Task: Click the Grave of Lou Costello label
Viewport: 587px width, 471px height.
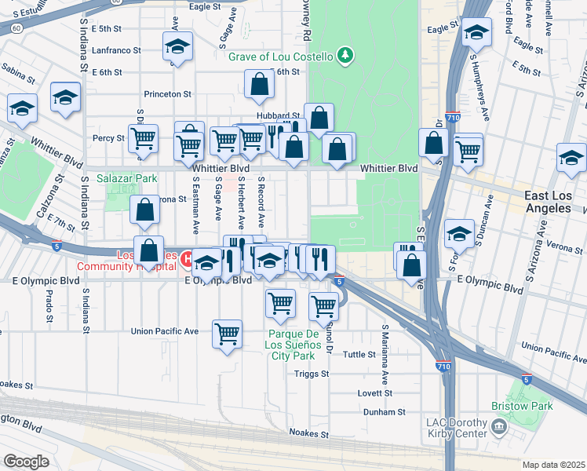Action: [x=280, y=56]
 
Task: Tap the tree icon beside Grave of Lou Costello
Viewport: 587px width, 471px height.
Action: [x=344, y=55]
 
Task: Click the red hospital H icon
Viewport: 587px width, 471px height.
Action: [x=188, y=258]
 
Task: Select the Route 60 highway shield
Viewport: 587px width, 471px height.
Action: [x=16, y=27]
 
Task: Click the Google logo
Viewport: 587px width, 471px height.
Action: [x=27, y=461]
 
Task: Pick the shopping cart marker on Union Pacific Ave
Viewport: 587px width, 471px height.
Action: [x=228, y=334]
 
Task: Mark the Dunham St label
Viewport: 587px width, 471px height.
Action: [x=384, y=411]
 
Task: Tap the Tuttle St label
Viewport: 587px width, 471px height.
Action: [x=359, y=354]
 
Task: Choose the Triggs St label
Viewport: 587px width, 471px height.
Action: [x=312, y=374]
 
